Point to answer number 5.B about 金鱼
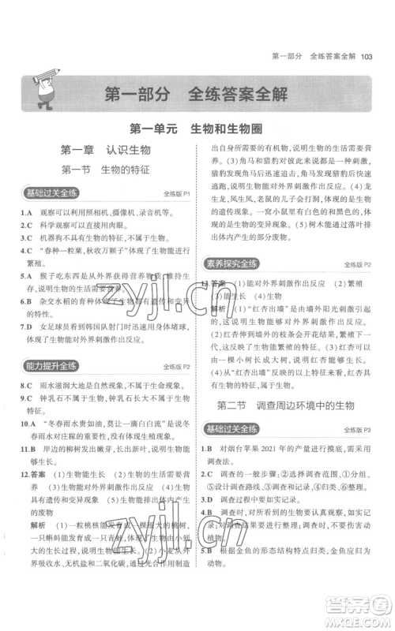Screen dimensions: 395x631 click(x=208, y=569)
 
